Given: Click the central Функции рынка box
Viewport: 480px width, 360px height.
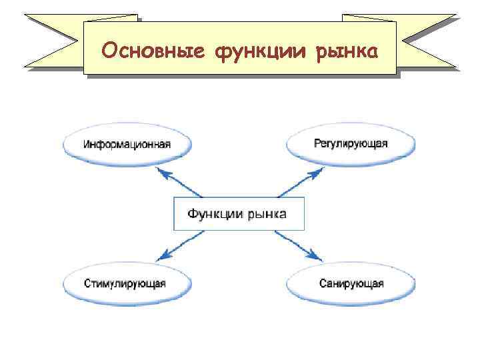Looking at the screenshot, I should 238,214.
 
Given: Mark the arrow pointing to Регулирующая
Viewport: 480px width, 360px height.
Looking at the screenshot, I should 300,182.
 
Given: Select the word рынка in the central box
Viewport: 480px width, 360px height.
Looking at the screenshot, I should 267,214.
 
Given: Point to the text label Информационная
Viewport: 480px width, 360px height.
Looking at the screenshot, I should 127,144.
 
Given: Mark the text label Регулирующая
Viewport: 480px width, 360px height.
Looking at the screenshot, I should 351,144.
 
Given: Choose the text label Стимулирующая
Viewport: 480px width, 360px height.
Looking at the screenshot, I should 125,283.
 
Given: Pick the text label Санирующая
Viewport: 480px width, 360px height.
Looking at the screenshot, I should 351,283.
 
